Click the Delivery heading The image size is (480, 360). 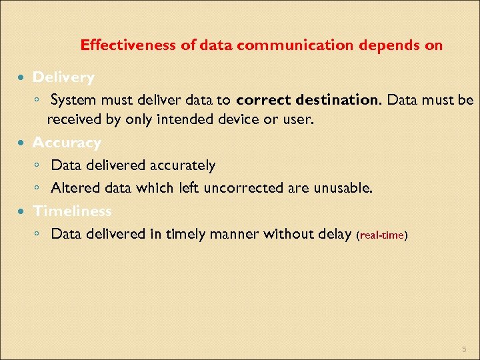pos(63,77)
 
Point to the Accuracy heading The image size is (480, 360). pos(67,143)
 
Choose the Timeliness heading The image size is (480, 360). pos(72,211)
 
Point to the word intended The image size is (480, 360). pos(201,121)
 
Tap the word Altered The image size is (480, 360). pos(73,189)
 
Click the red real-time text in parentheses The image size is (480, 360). pos(383,236)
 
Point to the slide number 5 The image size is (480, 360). pos(464,350)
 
